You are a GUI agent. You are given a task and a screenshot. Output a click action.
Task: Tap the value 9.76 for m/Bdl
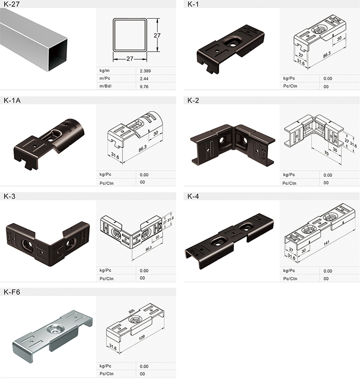[145, 86]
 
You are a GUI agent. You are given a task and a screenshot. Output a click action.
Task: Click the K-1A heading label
[12, 100]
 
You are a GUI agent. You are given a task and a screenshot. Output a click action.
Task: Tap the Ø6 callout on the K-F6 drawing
[131, 311]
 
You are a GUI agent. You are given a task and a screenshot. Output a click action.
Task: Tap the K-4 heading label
[193, 196]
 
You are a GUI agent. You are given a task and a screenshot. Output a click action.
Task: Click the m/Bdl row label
[105, 86]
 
